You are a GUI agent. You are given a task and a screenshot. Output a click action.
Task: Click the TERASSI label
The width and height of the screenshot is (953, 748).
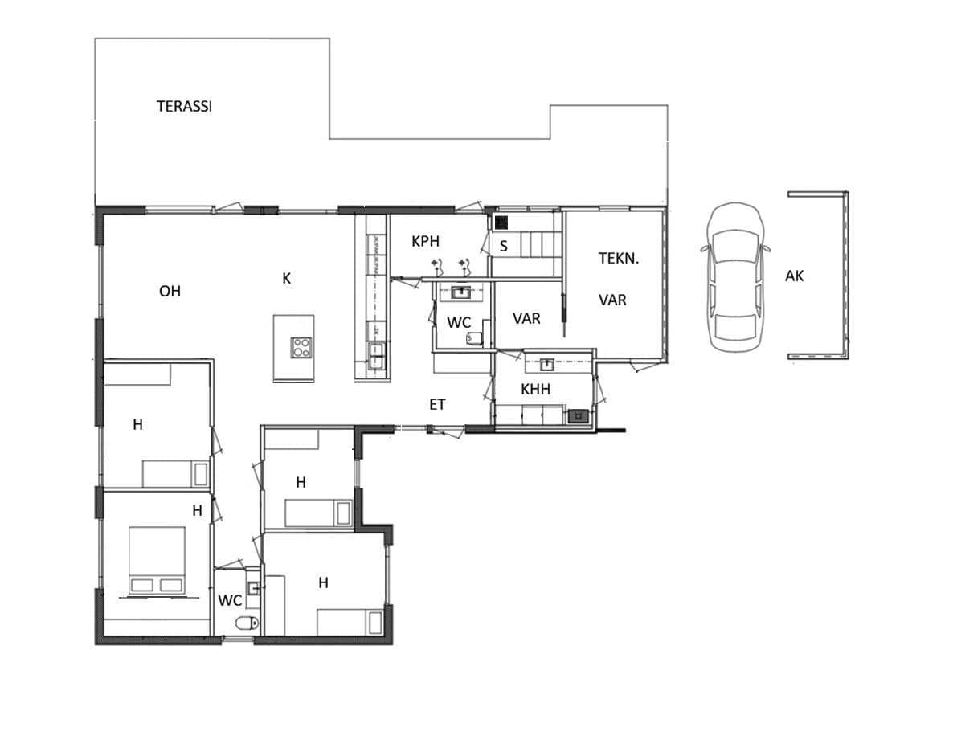[x=184, y=106]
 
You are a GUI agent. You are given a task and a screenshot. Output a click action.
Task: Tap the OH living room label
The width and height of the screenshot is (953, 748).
[x=170, y=291]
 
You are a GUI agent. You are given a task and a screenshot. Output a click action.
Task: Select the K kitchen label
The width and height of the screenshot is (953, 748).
[x=286, y=278]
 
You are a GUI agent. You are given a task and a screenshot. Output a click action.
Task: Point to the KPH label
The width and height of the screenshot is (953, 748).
[x=425, y=241]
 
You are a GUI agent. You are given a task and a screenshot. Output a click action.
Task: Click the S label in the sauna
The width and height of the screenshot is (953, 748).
[x=503, y=246]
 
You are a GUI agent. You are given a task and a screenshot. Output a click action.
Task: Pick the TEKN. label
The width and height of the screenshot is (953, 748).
[x=619, y=258]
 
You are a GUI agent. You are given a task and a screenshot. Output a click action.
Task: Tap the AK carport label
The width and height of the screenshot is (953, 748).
[x=794, y=276]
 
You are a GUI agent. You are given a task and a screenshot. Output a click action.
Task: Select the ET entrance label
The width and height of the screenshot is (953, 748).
[x=437, y=405]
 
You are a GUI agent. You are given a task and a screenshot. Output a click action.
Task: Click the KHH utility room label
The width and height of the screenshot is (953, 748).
[x=535, y=389]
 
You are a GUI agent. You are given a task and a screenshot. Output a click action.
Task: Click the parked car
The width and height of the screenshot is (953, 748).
[x=734, y=278]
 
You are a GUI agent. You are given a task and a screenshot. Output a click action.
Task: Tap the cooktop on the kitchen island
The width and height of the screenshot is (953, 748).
[x=301, y=348]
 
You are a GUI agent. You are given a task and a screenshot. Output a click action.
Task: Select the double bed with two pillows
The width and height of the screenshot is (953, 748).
[x=157, y=561]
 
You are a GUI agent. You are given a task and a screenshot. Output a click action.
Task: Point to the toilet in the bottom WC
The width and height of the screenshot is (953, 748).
[x=246, y=623]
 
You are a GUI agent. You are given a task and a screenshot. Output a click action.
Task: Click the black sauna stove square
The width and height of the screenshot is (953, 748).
[x=501, y=223]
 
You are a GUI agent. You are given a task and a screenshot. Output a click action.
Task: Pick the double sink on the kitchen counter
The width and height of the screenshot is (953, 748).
[x=375, y=355]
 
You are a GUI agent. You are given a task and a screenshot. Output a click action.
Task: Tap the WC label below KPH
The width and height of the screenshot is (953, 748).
[x=459, y=323]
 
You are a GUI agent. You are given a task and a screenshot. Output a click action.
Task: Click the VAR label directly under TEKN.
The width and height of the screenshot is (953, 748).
[x=612, y=300]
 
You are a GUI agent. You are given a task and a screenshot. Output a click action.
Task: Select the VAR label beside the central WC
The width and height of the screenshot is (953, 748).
[x=526, y=319]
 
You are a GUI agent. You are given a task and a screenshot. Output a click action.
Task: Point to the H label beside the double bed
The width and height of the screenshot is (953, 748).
[x=197, y=510]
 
